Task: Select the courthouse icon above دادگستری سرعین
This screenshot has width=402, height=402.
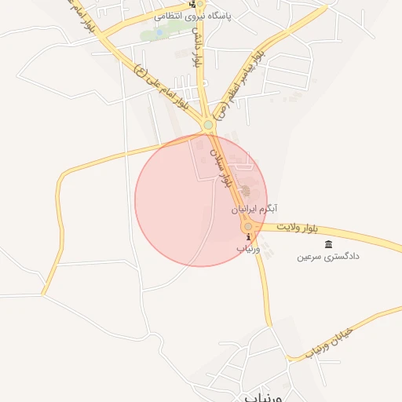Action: click(x=328, y=244)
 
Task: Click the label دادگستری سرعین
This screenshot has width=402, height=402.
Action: click(x=328, y=257)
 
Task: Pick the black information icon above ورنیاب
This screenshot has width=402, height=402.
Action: click(x=248, y=237)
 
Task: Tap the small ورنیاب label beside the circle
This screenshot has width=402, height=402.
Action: click(x=247, y=248)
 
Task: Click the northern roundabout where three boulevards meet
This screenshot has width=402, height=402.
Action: click(x=208, y=124)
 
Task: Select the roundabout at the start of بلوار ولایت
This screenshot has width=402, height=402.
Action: click(x=248, y=226)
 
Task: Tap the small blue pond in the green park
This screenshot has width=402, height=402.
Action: click(x=159, y=33)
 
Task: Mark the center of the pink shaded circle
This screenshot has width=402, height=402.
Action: click(x=201, y=201)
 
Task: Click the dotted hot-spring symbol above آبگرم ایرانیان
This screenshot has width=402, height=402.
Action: click(x=246, y=192)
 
